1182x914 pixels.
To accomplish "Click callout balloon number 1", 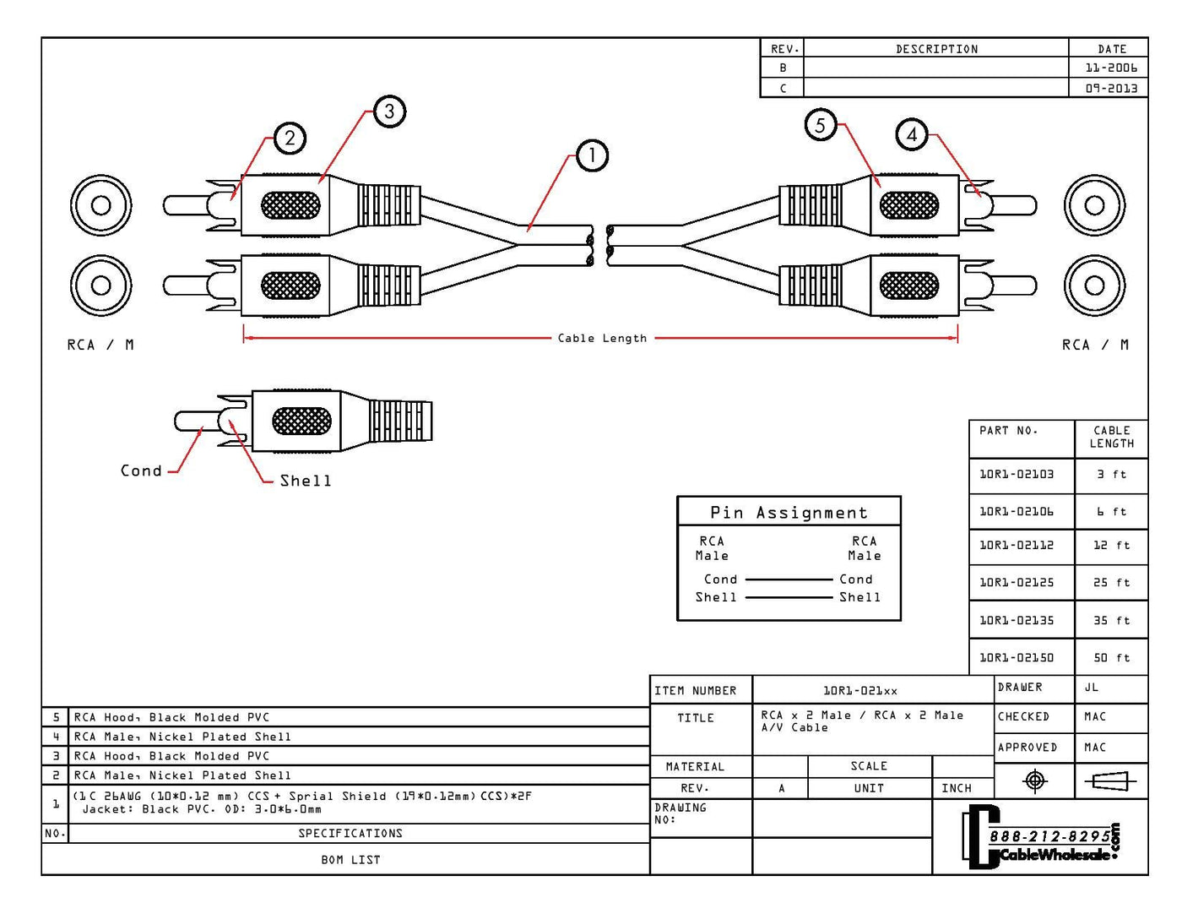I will click(592, 155).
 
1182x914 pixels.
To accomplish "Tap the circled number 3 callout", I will click(389, 112).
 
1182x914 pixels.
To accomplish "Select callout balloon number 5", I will click(820, 125).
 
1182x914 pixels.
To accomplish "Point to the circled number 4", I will click(912, 134).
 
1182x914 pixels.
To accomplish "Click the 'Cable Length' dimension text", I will click(602, 338).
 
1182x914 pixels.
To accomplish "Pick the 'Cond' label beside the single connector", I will click(141, 471).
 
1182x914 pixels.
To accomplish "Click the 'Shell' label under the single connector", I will click(306, 481).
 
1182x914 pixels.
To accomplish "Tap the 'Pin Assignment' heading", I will click(789, 513).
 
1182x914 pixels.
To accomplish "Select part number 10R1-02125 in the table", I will click(1017, 582).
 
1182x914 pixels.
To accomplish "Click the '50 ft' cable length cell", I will click(1111, 657).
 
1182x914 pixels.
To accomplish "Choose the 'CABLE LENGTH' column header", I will click(1111, 437).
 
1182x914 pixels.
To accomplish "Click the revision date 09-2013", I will click(1111, 88).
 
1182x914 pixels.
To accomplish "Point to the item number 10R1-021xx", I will click(860, 690).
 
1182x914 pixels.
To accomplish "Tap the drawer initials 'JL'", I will click(1092, 688).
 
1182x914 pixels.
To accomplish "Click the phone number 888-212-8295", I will click(1049, 836).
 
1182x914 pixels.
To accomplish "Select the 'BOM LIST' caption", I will click(350, 860).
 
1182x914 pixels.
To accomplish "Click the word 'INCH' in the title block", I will click(957, 788).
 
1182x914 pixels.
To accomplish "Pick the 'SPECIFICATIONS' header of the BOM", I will click(350, 833).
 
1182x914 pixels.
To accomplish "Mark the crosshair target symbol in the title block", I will click(1034, 781).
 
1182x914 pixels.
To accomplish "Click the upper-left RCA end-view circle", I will click(101, 205).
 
